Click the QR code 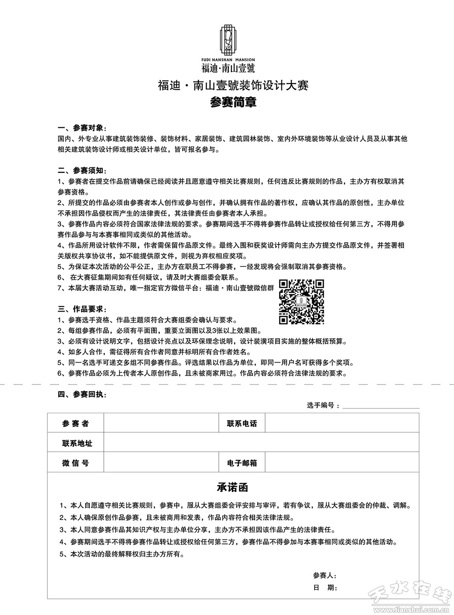(302, 301)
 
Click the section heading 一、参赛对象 (82, 128)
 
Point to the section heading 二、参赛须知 (82, 171)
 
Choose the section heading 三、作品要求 (82, 309)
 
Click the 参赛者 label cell (76, 423)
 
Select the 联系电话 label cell (242, 423)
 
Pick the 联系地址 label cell (76, 443)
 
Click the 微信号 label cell (76, 463)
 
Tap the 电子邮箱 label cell (242, 463)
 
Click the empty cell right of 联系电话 (342, 423)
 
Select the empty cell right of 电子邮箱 (342, 463)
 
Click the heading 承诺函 (233, 488)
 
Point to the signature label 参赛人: (325, 575)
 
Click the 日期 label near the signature (325, 588)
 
